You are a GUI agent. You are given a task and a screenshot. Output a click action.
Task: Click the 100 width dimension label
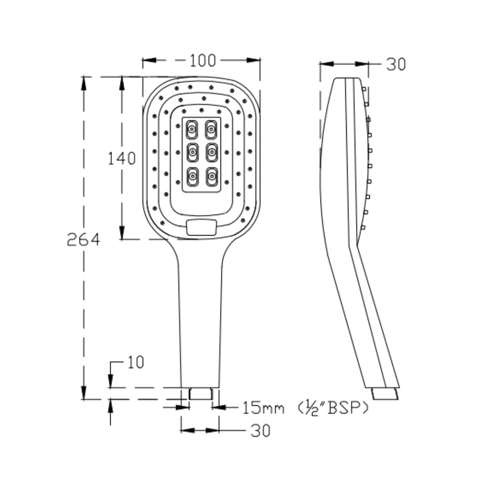tap(202, 60)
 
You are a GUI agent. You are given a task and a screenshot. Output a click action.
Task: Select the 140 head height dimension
tap(122, 158)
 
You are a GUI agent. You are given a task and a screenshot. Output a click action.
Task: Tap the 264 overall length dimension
tap(83, 240)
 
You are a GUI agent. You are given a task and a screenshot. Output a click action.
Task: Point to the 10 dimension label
tap(136, 363)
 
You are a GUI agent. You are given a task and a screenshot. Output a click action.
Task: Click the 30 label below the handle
tap(260, 431)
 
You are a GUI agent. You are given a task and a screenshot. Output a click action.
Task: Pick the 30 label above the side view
tap(395, 64)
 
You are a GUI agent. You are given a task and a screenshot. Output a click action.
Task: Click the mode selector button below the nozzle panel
tap(202, 227)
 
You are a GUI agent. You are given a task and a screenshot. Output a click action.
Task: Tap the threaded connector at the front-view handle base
tap(201, 393)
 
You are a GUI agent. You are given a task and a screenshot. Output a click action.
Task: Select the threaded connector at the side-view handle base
tap(385, 394)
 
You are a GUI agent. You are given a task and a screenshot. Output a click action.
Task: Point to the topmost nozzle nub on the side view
tap(364, 89)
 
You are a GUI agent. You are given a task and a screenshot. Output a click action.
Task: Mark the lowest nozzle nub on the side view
tap(363, 228)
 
